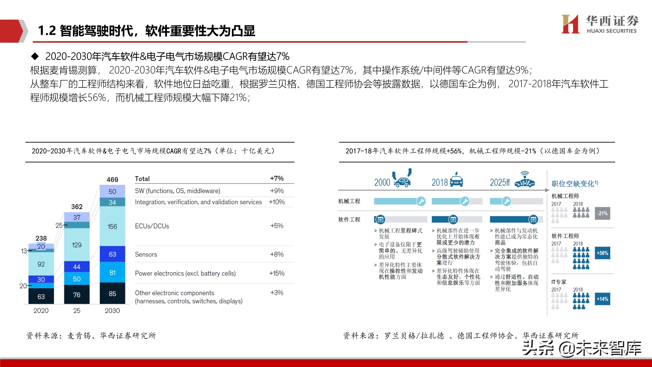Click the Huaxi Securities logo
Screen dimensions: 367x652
599,24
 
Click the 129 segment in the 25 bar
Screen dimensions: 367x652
77,245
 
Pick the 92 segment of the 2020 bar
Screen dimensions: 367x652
41,264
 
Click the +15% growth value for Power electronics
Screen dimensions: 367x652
277,273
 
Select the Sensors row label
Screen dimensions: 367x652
146,254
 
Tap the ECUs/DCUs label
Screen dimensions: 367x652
152,226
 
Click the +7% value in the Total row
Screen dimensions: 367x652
277,178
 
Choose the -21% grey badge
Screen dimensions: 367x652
602,213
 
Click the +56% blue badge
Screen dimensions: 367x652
602,253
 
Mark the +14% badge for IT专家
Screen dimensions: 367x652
602,299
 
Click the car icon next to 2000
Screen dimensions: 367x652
402,179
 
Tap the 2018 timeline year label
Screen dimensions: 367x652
440,182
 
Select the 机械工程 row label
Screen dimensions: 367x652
349,201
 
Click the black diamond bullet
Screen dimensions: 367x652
35,56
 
